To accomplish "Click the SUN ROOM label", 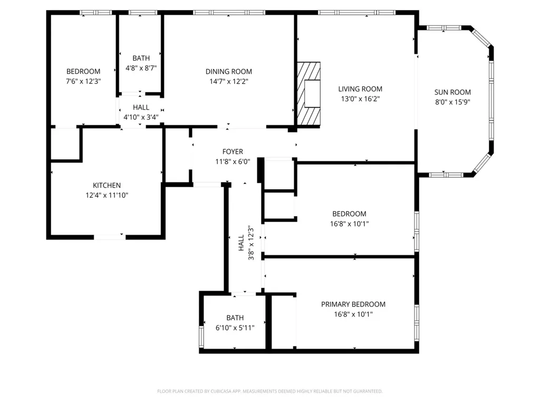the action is point(452,92).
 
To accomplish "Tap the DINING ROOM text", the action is point(229,72).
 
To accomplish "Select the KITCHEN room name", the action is point(107,185).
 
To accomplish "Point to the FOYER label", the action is point(233,151).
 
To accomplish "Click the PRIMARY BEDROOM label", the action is point(353,304).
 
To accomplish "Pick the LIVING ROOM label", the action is point(360,89).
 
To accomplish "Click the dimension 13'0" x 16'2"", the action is point(360,99).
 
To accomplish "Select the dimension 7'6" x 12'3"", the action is point(83,81).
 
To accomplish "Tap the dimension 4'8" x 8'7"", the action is point(141,68).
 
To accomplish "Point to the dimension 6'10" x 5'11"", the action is point(235,328).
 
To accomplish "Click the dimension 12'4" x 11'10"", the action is point(107,195).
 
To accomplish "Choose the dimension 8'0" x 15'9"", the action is point(452,102).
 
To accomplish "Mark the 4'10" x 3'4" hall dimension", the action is point(141,117).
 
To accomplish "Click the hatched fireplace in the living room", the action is point(309,93).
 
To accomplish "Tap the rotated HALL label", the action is point(242,243).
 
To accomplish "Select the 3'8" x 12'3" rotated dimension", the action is point(252,243).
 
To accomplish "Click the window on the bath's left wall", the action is point(201,336).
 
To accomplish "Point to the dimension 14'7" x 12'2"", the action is point(229,81).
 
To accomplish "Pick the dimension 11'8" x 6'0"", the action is point(233,161).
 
